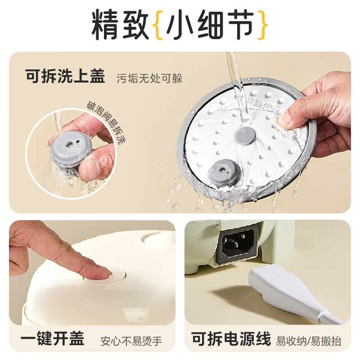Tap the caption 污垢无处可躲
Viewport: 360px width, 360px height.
click(x=149, y=78)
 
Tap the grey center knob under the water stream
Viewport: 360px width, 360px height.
click(x=246, y=134)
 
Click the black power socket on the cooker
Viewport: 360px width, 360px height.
click(x=238, y=245)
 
